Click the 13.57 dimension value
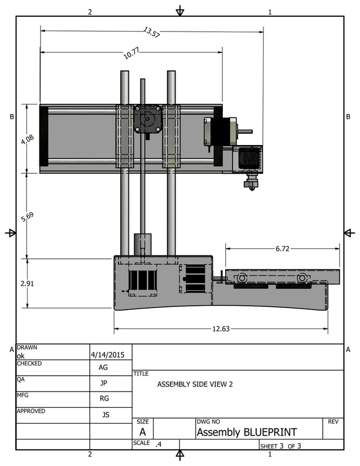(x=152, y=33)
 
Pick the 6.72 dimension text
(x=283, y=248)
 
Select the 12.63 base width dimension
(x=221, y=329)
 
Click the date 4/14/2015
(x=111, y=355)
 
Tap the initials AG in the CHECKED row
(x=103, y=367)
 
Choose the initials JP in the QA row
(x=103, y=383)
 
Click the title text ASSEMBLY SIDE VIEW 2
(x=195, y=385)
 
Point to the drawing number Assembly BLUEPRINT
(x=247, y=433)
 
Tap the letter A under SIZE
(x=142, y=432)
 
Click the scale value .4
(x=159, y=445)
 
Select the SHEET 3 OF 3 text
(x=280, y=446)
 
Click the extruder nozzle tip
(x=250, y=187)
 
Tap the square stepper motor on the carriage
(x=148, y=119)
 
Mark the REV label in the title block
(x=332, y=421)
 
